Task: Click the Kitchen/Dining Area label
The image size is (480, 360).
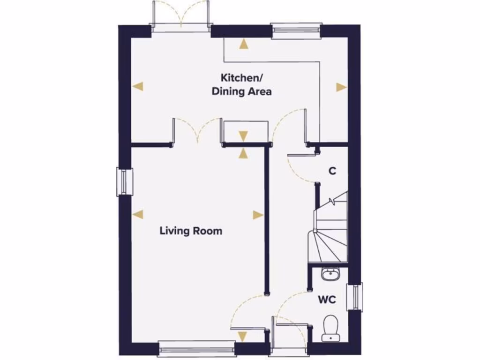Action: click(x=241, y=84)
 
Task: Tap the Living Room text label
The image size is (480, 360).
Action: click(x=191, y=231)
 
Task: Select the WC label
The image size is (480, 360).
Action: click(x=328, y=300)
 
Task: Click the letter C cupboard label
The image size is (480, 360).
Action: click(x=332, y=171)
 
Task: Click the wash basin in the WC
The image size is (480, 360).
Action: click(x=330, y=274)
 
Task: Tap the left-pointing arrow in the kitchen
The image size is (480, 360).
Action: click(x=137, y=86)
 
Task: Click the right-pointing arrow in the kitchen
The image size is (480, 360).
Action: click(x=341, y=87)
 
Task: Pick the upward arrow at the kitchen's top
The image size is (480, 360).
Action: click(x=243, y=45)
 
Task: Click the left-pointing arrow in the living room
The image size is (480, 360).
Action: click(x=137, y=215)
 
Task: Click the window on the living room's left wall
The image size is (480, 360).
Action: click(x=124, y=182)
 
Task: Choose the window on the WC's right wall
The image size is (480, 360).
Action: click(x=355, y=296)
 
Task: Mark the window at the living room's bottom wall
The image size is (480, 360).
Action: click(x=196, y=347)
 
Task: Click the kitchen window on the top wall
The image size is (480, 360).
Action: click(x=296, y=31)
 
